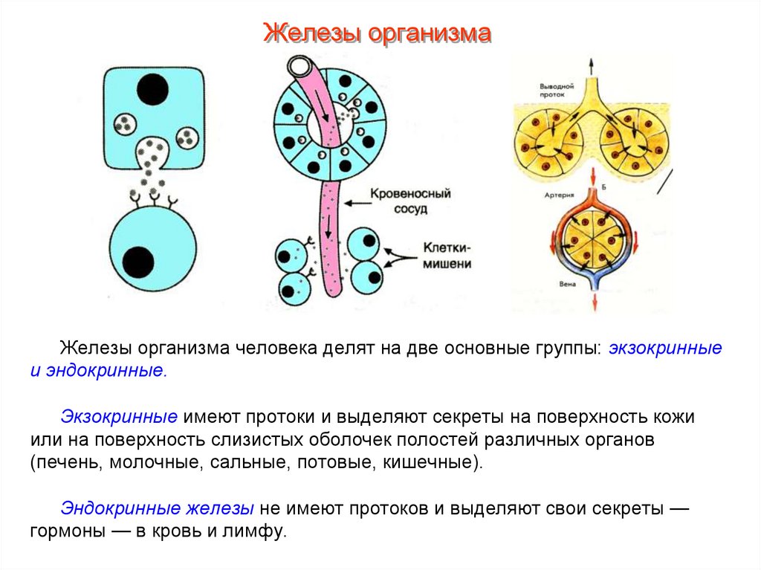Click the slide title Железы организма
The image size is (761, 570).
(x=378, y=33)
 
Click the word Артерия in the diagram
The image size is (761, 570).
(x=557, y=195)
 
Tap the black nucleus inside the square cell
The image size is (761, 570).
(x=152, y=89)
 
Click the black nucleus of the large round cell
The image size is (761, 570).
(x=138, y=262)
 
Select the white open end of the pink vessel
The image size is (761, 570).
(x=301, y=68)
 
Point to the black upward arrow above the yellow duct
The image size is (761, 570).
(x=592, y=65)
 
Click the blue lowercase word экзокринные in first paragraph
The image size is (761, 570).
(x=666, y=348)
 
